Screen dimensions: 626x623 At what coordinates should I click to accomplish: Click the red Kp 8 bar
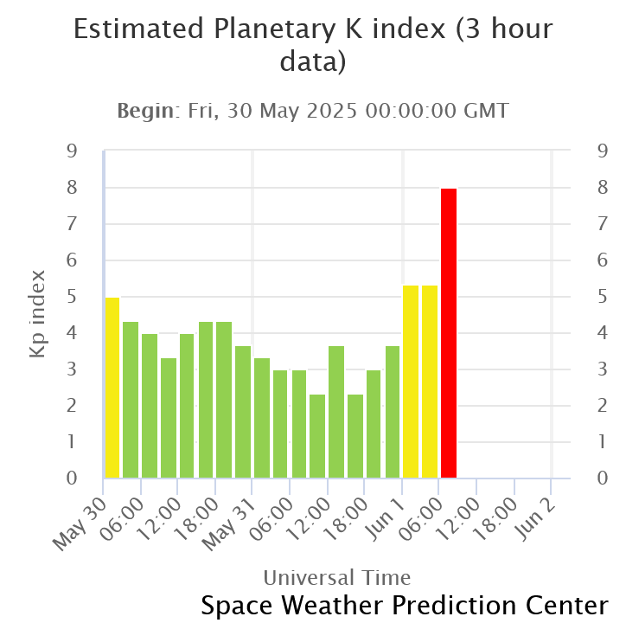pos(449,333)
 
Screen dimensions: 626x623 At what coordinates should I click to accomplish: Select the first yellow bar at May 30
pos(112,388)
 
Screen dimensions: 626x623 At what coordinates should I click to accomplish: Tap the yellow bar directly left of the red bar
pos(430,382)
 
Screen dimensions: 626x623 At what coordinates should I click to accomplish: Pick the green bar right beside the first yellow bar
pos(131,400)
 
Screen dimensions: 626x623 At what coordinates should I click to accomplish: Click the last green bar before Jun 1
pos(393,412)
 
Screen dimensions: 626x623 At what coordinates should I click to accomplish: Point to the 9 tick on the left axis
pos(72,151)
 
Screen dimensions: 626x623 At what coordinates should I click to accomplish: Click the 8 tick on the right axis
pos(603,188)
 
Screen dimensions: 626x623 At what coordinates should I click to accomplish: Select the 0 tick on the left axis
pos(72,478)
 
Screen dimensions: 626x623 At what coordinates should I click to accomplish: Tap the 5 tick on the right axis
pos(603,297)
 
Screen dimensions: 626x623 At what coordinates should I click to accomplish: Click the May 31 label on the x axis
pos(229,524)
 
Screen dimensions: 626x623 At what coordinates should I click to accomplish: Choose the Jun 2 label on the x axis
pos(535,519)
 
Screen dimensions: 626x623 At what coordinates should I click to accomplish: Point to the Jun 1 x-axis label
pos(386,519)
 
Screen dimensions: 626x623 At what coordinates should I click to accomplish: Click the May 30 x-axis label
pos(80,524)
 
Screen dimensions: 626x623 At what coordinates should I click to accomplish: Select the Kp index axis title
pos(37,314)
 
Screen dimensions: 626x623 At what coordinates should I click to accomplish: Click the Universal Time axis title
pos(337,578)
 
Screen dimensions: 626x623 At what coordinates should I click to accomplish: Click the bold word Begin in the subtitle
pos(146,111)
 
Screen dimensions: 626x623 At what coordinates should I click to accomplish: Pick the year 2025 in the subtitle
pos(331,111)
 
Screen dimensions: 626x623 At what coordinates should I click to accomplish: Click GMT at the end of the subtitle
pos(486,111)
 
